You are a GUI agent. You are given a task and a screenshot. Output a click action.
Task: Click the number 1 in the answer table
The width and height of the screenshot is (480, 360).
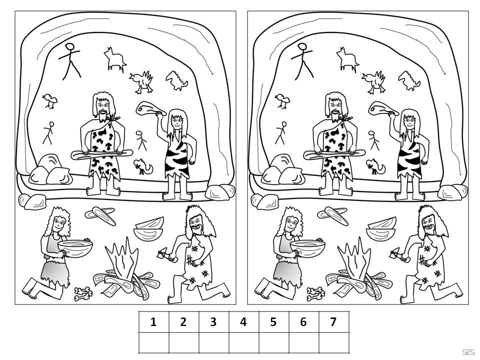click(153, 322)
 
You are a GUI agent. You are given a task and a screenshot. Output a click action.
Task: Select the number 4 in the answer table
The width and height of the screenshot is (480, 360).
click(243, 322)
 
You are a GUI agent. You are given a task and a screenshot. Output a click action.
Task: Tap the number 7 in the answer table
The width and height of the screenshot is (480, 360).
click(333, 322)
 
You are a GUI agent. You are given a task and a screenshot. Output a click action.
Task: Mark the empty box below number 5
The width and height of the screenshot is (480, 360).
click(273, 342)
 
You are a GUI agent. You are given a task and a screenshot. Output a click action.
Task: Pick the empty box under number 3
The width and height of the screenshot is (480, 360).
click(213, 342)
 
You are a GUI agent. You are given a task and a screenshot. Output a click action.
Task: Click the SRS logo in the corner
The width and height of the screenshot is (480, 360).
click(468, 352)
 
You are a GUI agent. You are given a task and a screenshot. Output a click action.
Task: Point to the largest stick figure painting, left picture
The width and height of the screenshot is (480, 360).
click(70, 61)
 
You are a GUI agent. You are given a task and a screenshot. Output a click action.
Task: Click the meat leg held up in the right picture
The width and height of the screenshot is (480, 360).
click(382, 108)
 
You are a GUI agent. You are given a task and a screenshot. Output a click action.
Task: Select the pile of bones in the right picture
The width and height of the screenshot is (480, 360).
click(315, 293)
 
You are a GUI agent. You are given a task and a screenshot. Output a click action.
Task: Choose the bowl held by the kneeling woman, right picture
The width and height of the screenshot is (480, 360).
click(307, 248)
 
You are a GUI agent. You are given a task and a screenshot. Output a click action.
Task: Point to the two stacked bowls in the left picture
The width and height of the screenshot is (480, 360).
click(149, 229)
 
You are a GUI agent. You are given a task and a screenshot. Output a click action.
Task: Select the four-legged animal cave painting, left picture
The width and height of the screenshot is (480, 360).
click(115, 59)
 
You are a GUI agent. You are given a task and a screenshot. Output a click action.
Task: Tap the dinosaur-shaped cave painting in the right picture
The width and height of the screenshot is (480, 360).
click(409, 80)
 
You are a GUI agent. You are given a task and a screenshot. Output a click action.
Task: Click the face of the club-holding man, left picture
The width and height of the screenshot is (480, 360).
click(103, 107)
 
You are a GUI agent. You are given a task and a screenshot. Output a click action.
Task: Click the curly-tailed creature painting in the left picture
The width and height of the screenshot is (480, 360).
click(142, 166)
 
